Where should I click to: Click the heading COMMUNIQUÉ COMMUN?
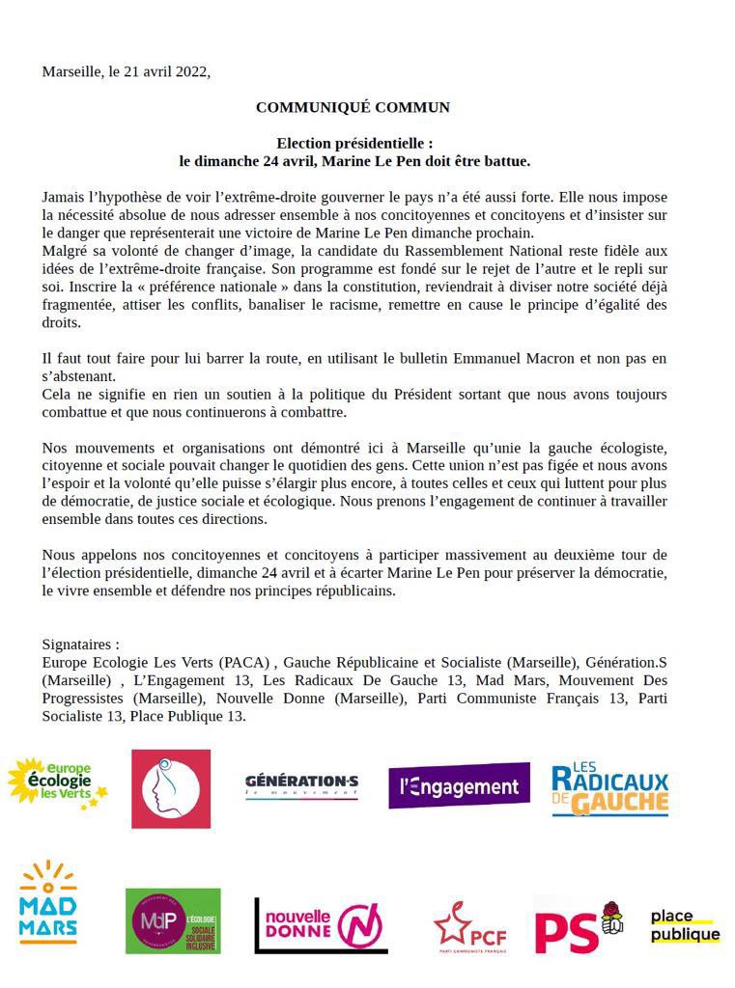tap(353, 107)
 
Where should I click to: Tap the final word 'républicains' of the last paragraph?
tap(351, 591)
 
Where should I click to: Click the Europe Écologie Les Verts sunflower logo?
tap(57, 782)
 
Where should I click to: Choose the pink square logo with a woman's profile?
tap(170, 788)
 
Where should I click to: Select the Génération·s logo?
tap(301, 785)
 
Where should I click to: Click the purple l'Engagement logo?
tap(459, 786)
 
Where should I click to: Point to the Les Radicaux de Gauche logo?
tap(609, 790)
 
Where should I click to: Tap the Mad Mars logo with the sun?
tap(48, 903)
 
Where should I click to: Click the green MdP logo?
tap(172, 920)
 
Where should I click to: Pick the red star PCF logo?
tap(469, 928)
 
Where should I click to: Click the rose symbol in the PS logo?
tap(611, 918)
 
